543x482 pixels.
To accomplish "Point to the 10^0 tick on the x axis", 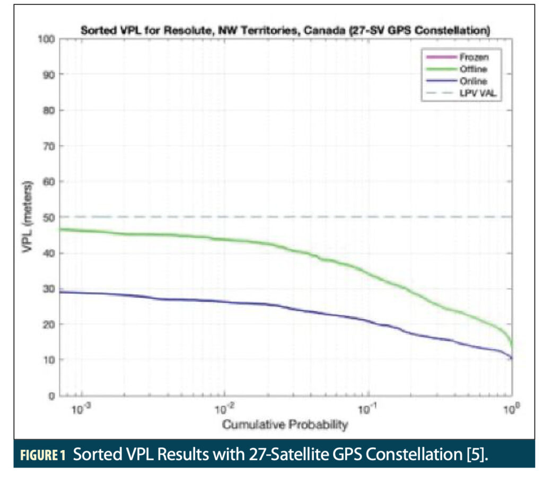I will point(510,409).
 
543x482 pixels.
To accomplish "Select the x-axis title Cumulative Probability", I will point(285,424).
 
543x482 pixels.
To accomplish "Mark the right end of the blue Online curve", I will point(511,358).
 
